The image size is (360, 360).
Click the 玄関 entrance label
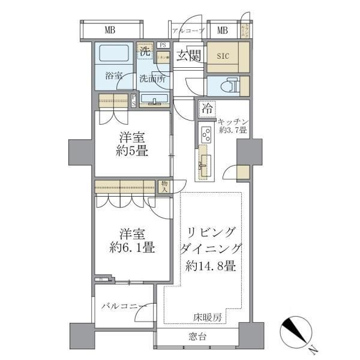click(188, 55)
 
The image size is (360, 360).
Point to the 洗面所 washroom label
click(153, 79)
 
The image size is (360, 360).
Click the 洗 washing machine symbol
click(145, 52)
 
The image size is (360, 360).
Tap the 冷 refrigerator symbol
click(207, 109)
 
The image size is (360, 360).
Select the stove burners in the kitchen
click(205, 134)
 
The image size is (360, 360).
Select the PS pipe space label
click(163, 44)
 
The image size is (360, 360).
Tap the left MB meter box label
click(110, 30)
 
